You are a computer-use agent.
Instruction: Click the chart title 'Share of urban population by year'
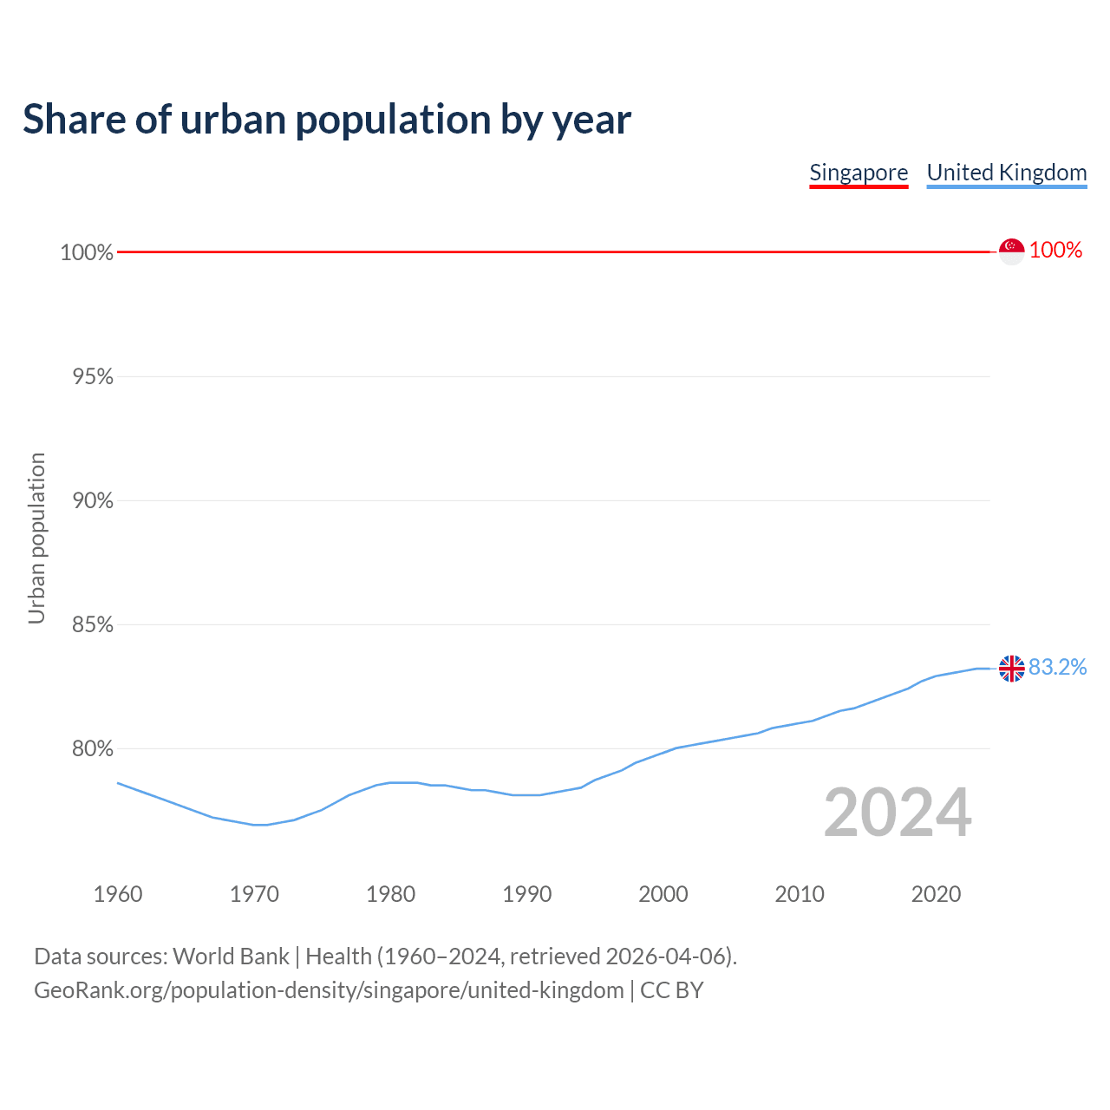tap(327, 120)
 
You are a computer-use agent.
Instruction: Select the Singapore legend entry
tap(859, 173)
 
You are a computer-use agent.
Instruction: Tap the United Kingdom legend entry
tap(1006, 173)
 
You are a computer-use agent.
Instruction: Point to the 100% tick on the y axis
tap(87, 252)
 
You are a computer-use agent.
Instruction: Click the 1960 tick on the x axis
tap(118, 894)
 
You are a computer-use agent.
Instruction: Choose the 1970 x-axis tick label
tap(254, 894)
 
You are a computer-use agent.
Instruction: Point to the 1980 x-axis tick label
tap(390, 894)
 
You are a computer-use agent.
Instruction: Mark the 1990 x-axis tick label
tap(526, 894)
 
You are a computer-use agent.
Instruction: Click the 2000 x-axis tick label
tap(663, 894)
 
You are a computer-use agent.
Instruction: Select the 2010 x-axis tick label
tap(800, 894)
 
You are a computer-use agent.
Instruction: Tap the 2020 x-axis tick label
tap(936, 894)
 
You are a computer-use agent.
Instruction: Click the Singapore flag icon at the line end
tap(1011, 251)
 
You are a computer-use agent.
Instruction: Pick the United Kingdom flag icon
tap(1011, 669)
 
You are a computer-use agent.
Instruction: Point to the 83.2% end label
tap(1057, 668)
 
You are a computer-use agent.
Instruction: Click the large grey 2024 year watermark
tap(898, 813)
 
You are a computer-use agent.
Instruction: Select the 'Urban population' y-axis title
tap(36, 538)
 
